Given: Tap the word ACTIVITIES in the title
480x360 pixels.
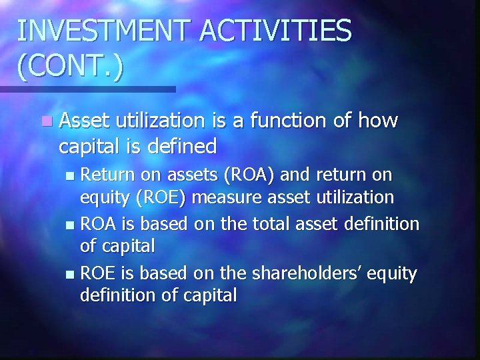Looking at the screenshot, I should (x=287, y=30).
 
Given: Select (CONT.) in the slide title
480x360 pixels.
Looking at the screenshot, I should (x=70, y=67).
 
